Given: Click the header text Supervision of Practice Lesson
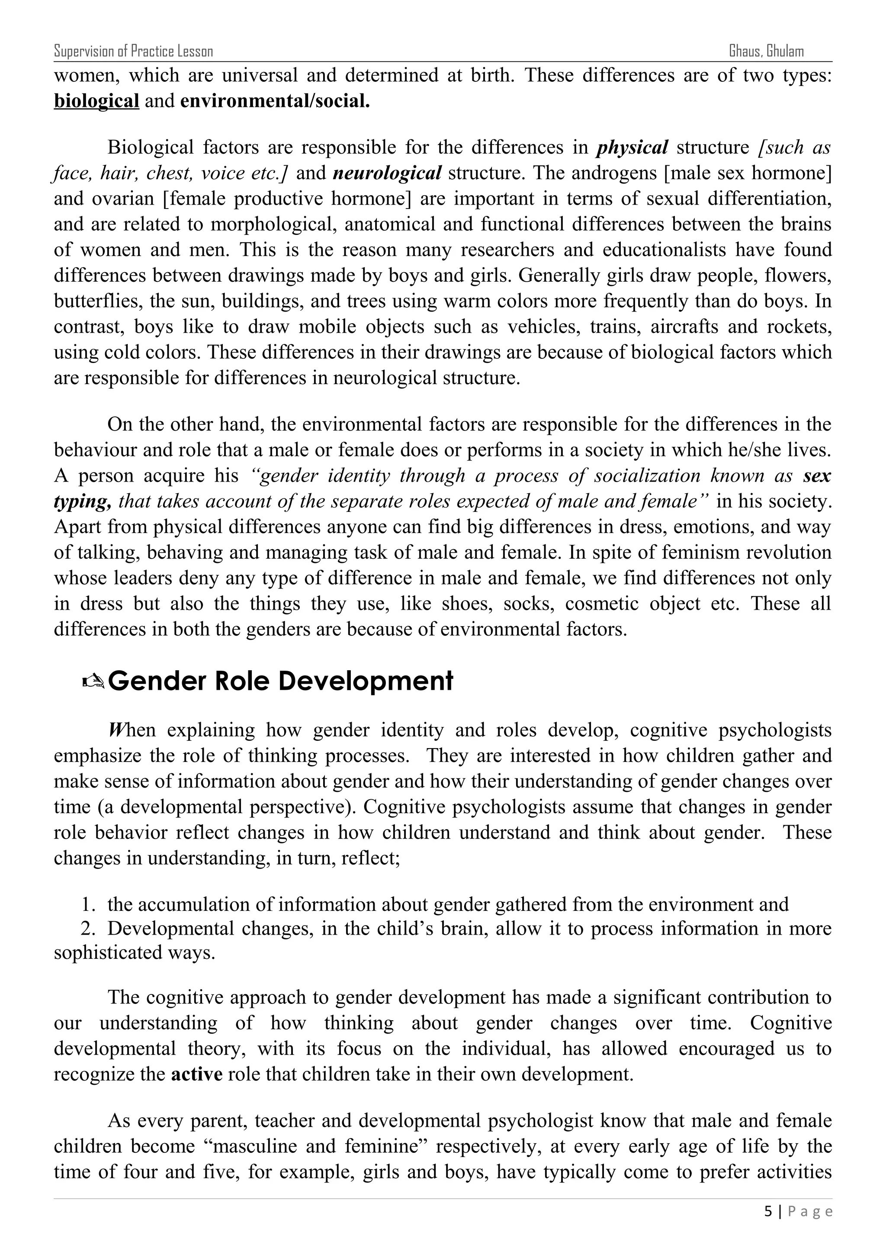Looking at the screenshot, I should pyautogui.click(x=133, y=52).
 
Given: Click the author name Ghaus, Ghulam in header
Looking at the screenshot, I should pyautogui.click(x=766, y=52).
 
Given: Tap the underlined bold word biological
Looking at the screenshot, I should pyautogui.click(x=96, y=102).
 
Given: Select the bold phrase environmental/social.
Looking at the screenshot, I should pyautogui.click(x=275, y=102).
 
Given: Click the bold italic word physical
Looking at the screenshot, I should pyautogui.click(x=632, y=148).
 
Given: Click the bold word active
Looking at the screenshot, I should pyautogui.click(x=196, y=1074).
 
